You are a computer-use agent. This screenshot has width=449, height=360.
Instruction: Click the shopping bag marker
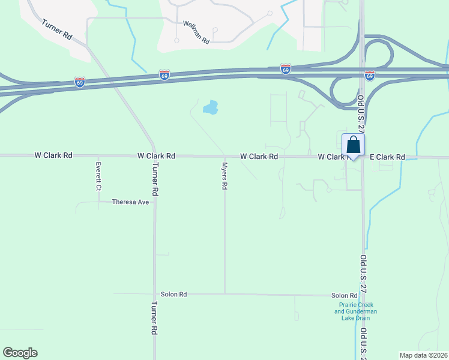(353, 146)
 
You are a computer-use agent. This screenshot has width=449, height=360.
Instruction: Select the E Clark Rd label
(387, 157)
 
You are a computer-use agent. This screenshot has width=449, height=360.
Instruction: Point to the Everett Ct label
(98, 176)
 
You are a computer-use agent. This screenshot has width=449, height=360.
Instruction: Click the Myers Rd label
(224, 176)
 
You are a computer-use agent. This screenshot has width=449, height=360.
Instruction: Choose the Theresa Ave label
(130, 202)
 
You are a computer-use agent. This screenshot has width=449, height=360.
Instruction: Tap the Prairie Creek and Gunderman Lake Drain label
(355, 311)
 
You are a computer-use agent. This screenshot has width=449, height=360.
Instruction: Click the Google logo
(20, 353)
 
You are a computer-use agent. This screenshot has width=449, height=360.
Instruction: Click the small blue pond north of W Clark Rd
(210, 108)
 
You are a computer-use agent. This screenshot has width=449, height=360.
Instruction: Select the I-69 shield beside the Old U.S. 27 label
(370, 75)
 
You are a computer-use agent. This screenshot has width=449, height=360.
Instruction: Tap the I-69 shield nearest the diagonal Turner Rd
(79, 82)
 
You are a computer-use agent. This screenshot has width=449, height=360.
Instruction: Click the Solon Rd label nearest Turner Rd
(174, 295)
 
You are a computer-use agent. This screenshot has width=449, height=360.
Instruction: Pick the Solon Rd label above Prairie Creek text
(345, 296)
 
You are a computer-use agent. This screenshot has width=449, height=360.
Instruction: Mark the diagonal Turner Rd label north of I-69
(57, 29)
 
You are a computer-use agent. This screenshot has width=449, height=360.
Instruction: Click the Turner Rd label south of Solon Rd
(154, 322)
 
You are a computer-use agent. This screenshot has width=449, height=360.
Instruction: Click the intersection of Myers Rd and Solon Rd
(225, 294)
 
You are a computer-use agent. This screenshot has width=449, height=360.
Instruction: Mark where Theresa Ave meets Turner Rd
(154, 202)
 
